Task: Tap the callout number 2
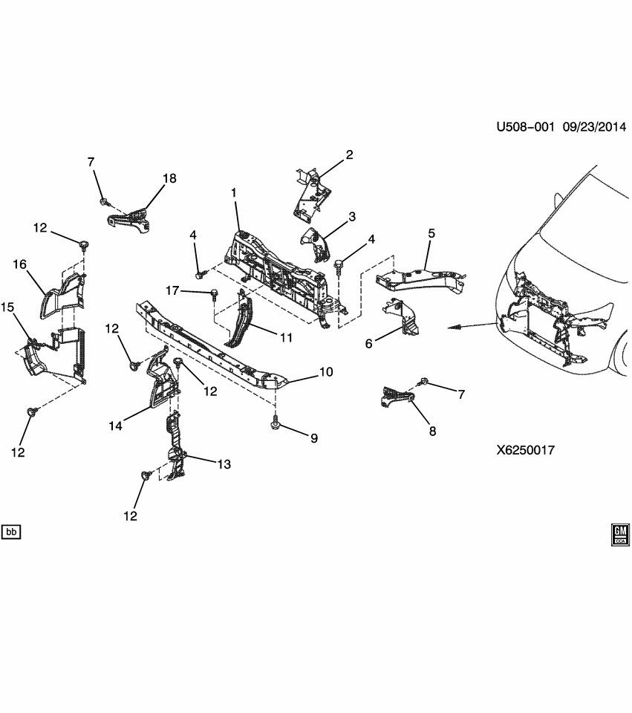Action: click(349, 155)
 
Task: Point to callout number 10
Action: click(327, 371)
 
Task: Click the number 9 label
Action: click(313, 438)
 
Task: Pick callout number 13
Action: click(224, 464)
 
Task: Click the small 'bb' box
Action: click(11, 532)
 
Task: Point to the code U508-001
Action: click(526, 126)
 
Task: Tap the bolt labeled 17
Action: click(214, 295)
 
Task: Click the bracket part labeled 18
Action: click(129, 220)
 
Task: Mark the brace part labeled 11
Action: click(242, 319)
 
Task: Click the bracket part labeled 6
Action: click(401, 316)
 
